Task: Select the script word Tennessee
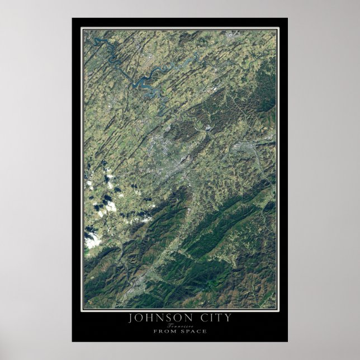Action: click(179, 326)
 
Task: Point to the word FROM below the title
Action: click(164, 331)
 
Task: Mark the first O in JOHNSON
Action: click(140, 319)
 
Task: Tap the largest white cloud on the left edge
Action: click(93, 240)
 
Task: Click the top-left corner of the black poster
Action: click(72, 18)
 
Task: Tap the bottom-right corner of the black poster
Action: click(287, 341)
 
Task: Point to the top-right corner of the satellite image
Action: click(276, 30)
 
